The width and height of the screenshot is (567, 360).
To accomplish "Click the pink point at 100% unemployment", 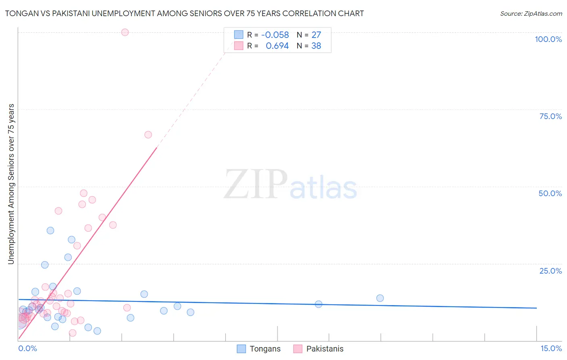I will (x=125, y=32).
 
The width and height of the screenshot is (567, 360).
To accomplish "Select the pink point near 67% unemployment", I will (x=148, y=135).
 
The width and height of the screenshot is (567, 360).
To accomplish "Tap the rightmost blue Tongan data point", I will (x=380, y=298).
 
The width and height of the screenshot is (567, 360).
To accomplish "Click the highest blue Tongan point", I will (x=50, y=230).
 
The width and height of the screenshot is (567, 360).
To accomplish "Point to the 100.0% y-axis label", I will (x=548, y=39).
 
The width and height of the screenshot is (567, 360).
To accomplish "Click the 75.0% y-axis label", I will (x=550, y=116).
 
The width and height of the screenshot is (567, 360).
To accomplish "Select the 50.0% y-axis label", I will (x=550, y=193).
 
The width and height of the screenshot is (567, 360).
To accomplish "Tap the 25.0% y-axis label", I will (x=550, y=271).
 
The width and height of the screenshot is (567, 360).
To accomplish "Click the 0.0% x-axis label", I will (x=28, y=348).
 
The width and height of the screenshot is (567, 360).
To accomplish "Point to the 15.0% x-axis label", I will (x=551, y=348).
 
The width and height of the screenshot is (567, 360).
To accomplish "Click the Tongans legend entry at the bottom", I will (x=258, y=349).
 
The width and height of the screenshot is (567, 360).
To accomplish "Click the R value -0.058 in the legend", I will (x=275, y=35).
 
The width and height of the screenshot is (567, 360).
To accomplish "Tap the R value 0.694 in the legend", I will (x=277, y=46).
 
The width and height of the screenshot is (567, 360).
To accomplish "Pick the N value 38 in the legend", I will (x=316, y=46).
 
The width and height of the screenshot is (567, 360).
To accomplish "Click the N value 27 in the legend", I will (x=316, y=35).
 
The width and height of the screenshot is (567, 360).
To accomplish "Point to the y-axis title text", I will (x=11, y=184).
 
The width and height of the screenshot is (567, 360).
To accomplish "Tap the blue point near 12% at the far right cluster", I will (x=319, y=304).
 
